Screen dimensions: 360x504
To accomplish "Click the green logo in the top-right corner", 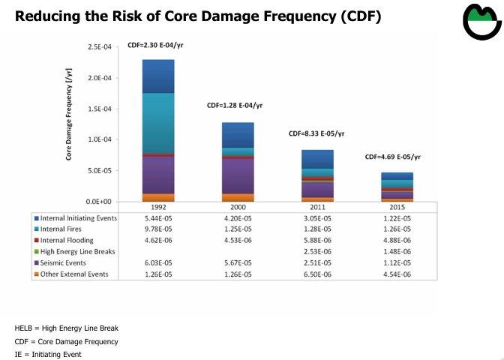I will (x=481, y=23).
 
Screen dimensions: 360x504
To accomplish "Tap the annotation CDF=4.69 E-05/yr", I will (x=393, y=157).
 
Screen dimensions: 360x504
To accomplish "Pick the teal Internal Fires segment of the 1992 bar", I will (x=158, y=122).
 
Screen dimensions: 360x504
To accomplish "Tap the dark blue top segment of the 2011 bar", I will (x=318, y=158).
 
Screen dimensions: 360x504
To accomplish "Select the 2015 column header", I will (x=397, y=208).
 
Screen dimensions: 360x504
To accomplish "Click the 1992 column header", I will (x=158, y=208).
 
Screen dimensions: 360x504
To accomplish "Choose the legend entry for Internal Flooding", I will (x=67, y=240).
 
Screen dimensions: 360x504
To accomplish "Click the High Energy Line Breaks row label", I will (x=77, y=251).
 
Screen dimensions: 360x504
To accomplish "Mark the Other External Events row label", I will (x=74, y=274).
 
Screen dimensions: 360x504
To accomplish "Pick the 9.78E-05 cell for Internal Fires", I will (x=158, y=229).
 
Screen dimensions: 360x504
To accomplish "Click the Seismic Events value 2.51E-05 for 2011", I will (x=317, y=262).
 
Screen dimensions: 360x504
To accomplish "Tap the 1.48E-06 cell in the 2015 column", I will (x=397, y=251).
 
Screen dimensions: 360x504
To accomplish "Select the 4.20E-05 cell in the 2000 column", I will (x=238, y=217).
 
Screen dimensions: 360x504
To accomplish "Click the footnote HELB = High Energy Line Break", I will (x=67, y=328).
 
